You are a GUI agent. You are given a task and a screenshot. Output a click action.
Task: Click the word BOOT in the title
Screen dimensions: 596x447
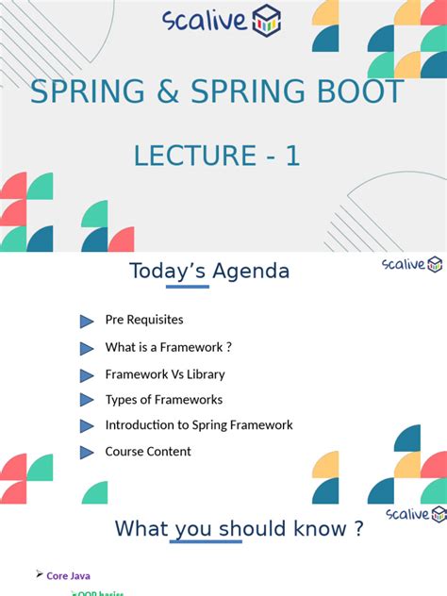pyautogui.click(x=357, y=91)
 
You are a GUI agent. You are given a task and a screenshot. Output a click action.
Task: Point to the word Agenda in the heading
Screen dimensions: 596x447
pyautogui.click(x=251, y=272)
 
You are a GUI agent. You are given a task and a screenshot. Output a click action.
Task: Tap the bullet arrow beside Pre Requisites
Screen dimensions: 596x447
pyautogui.click(x=87, y=322)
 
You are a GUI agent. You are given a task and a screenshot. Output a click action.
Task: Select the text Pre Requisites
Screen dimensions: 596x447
pyautogui.click(x=144, y=321)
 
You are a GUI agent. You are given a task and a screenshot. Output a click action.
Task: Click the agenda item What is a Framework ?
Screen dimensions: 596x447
pyautogui.click(x=168, y=347)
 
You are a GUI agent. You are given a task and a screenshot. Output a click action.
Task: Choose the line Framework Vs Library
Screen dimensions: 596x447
pyautogui.click(x=165, y=373)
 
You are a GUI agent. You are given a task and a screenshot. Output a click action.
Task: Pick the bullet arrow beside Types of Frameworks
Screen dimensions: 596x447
pyautogui.click(x=87, y=400)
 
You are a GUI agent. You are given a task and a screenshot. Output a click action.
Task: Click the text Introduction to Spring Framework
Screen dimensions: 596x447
pyautogui.click(x=199, y=425)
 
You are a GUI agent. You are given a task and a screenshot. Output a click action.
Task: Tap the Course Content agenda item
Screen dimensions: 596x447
pyautogui.click(x=148, y=452)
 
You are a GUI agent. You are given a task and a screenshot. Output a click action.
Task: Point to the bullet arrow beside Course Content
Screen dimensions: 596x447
pyautogui.click(x=87, y=452)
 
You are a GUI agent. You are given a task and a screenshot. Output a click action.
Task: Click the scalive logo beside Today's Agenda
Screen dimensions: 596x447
pyautogui.click(x=412, y=264)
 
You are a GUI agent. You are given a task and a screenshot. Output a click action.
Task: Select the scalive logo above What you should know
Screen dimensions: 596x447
pyautogui.click(x=416, y=514)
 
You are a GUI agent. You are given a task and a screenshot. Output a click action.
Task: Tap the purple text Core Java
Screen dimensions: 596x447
pyautogui.click(x=69, y=575)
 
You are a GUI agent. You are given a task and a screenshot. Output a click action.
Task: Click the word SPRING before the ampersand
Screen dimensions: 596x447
pyautogui.click(x=85, y=91)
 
